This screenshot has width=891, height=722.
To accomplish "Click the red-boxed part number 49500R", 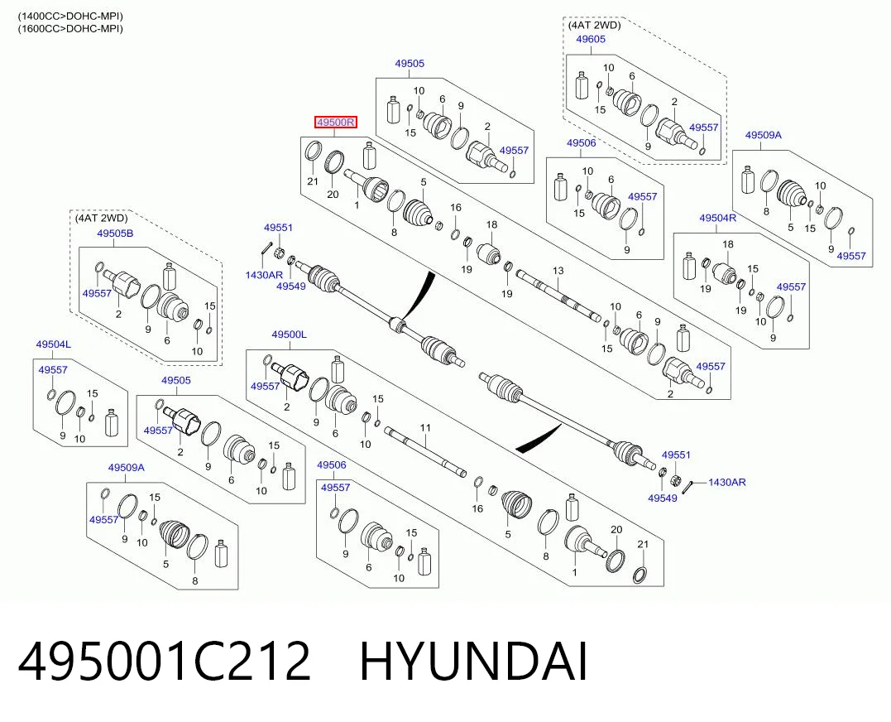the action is (336, 122).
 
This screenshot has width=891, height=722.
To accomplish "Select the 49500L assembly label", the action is (290, 335).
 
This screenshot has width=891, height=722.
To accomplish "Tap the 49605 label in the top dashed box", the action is (591, 39).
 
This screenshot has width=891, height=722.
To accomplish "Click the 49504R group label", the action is (718, 218).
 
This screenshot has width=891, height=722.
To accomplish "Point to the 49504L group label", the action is (54, 344).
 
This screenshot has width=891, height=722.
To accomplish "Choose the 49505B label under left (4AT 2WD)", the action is (115, 233).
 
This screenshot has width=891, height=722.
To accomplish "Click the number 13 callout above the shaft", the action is (558, 271).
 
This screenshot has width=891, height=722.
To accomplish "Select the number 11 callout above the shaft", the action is (425, 427).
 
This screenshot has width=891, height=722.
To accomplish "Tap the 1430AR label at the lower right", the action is (726, 482).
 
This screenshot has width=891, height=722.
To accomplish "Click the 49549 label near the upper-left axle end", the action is (291, 286).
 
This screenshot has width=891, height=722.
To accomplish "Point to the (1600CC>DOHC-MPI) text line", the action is (70, 28).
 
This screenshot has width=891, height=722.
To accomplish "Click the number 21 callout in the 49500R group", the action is (313, 181).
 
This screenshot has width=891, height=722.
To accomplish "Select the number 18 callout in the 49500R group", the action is (491, 224).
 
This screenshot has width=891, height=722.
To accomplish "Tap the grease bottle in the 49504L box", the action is (112, 423).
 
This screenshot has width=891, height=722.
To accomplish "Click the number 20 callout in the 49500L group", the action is (616, 529).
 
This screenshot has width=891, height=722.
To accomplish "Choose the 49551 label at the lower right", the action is (676, 455).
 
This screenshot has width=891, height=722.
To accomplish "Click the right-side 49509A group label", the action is (763, 135).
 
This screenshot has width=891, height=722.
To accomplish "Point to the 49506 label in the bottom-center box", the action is (331, 465).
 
